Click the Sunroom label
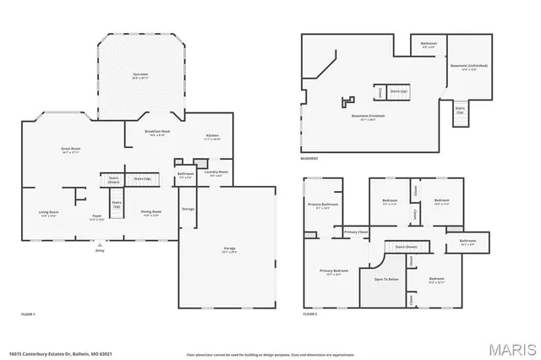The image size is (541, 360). tap(140, 74)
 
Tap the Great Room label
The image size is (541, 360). tap(69, 150)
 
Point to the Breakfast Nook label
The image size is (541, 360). tap(158, 133)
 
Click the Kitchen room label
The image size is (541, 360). tap(212, 136)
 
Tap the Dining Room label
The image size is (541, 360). tap(151, 211)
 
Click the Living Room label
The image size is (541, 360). tap(48, 212)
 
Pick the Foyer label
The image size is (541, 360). tap(97, 216)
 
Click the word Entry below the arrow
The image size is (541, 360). tap(100, 251)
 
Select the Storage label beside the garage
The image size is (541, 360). tap(188, 209)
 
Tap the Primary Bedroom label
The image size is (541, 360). tap(334, 270)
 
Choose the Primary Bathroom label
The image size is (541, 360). tap(323, 205)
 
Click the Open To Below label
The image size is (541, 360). tap(386, 279)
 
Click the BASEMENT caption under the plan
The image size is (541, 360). tap(309, 158)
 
